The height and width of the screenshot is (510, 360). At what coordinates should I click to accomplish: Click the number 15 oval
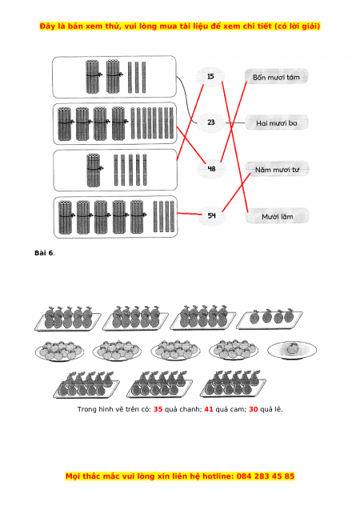click(210, 77)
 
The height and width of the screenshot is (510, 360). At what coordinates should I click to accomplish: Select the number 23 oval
click(211, 122)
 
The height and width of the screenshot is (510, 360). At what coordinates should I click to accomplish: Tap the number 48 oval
click(211, 169)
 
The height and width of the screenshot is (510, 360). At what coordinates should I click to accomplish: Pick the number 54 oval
click(211, 215)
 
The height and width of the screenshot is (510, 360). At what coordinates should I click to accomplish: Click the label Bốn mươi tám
click(276, 77)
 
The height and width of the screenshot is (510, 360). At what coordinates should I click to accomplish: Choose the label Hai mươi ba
click(277, 123)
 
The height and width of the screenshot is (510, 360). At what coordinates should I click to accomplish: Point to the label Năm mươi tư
click(277, 170)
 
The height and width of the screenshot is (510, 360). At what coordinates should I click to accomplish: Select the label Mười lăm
click(278, 216)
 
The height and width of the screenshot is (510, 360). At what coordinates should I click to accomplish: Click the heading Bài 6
click(44, 253)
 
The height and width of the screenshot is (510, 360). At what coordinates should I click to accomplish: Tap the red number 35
click(158, 409)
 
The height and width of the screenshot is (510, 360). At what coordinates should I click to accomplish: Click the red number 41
click(209, 409)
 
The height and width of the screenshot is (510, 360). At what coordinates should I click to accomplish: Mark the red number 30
click(253, 409)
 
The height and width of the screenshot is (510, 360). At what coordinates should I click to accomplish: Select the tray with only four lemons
click(270, 320)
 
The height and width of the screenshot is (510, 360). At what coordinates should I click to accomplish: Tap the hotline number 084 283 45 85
click(266, 476)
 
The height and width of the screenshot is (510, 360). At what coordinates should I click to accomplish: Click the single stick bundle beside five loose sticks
click(94, 170)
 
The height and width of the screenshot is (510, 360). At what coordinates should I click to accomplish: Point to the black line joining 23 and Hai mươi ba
click(235, 123)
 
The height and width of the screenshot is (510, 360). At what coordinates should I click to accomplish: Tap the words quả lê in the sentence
click(271, 409)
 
